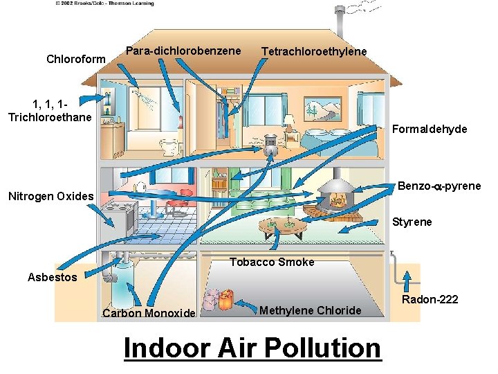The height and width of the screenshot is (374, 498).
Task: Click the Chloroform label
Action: coord(75,59)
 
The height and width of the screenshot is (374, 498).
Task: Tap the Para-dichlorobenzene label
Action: coord(183,51)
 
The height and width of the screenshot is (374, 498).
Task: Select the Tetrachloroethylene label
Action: coord(314,52)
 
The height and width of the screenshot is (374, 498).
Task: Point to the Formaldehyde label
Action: coord(430,129)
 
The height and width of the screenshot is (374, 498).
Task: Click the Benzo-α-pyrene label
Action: coord(439,186)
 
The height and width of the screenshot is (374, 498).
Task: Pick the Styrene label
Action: coord(412,222)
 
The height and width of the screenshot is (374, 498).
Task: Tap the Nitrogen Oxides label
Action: coord(50,196)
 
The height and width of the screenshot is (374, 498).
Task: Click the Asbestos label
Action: coord(52,277)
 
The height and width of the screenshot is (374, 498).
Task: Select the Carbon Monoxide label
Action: coord(149,313)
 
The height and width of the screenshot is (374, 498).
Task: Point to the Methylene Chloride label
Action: coord(310,310)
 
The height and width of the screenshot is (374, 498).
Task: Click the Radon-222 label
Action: coord(431,299)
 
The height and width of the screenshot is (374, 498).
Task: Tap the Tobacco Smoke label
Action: coord(272,262)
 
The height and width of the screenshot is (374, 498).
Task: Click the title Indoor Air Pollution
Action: coord(252,348)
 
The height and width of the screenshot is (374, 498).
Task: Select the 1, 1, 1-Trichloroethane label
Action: coord(50,111)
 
